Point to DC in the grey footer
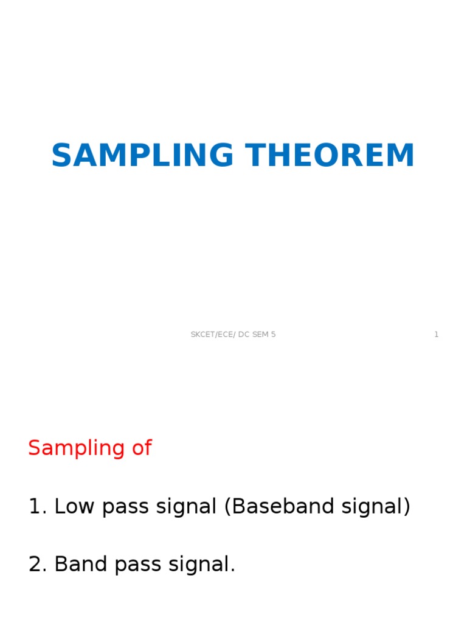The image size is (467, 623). pyautogui.click(x=244, y=335)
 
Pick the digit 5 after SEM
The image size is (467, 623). pyautogui.click(x=273, y=335)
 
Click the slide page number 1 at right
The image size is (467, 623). pyautogui.click(x=436, y=335)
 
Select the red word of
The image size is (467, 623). pyautogui.click(x=137, y=448)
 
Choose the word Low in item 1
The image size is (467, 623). pyautogui.click(x=75, y=507)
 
